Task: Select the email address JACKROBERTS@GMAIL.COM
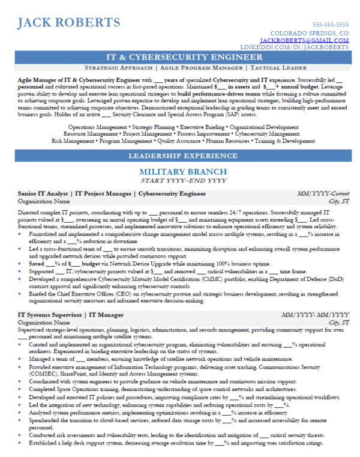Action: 310,40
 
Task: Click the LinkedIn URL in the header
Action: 295,46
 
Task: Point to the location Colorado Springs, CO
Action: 310,33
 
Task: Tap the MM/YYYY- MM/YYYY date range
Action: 316,315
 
